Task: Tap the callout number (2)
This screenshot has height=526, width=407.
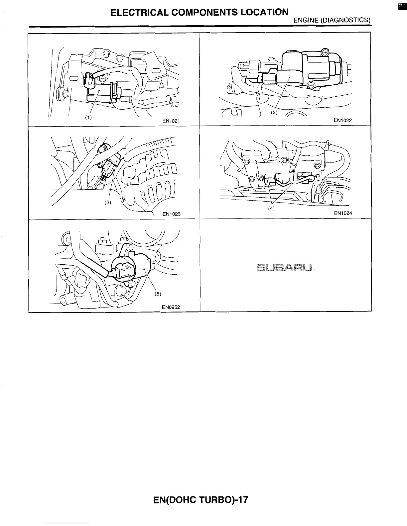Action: coord(274,112)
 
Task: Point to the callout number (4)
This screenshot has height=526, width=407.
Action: coord(272,209)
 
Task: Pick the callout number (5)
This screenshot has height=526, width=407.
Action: coord(158,294)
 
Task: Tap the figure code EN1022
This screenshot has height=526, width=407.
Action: coord(342,121)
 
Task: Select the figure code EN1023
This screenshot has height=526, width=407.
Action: coord(171,214)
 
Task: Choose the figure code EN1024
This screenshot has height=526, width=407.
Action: coord(342,214)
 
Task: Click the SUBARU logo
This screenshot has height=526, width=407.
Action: coord(285,267)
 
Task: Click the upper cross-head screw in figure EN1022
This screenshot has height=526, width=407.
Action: coord(325,52)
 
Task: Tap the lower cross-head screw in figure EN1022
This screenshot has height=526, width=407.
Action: coord(311,85)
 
